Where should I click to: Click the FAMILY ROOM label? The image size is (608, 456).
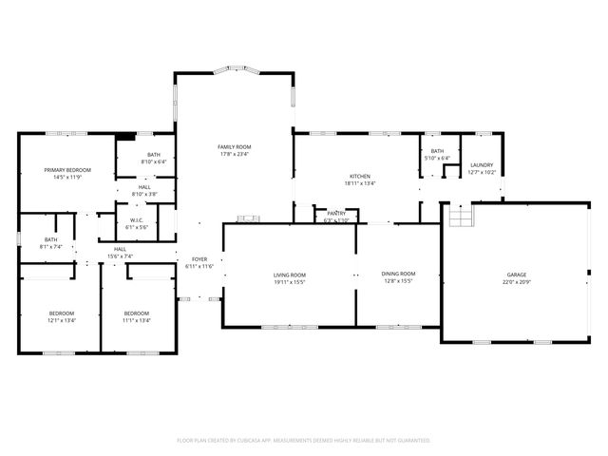click(234, 147)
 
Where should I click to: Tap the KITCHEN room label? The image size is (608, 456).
click(359, 177)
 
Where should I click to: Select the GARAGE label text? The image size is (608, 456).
click(516, 275)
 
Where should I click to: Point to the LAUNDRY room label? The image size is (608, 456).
click(481, 165)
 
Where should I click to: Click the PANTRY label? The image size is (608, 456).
click(336, 214)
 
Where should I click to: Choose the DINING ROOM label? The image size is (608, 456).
click(399, 274)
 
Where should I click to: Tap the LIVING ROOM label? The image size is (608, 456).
click(290, 275)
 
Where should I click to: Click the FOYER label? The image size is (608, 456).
click(199, 259)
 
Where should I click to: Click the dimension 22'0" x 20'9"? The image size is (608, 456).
click(516, 282)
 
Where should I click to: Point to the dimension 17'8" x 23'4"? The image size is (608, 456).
click(234, 155)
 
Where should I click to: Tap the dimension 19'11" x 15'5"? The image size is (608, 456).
click(290, 282)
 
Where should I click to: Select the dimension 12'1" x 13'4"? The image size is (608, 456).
click(62, 320)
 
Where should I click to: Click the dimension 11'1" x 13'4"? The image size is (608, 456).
click(136, 320)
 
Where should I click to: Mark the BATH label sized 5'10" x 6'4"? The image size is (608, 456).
click(437, 158)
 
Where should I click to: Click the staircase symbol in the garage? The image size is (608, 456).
click(459, 218)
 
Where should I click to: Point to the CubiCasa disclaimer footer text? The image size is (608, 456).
click(304, 440)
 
